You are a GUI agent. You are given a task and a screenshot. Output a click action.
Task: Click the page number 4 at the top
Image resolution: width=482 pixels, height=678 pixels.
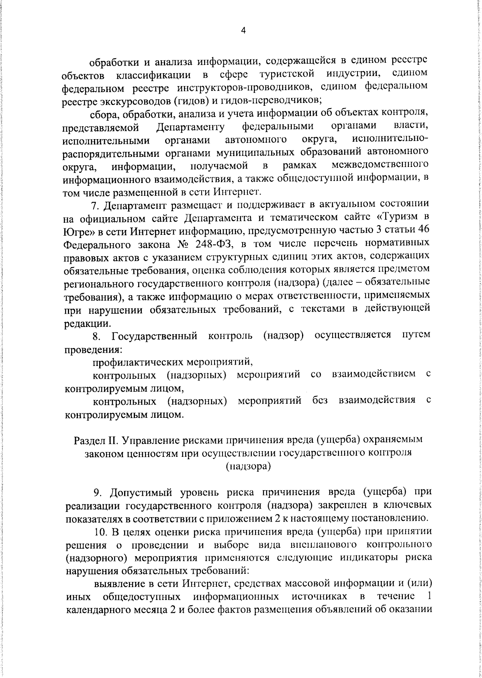(x=243, y=31)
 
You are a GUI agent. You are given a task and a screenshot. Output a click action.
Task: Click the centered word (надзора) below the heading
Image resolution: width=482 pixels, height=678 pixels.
(x=248, y=466)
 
